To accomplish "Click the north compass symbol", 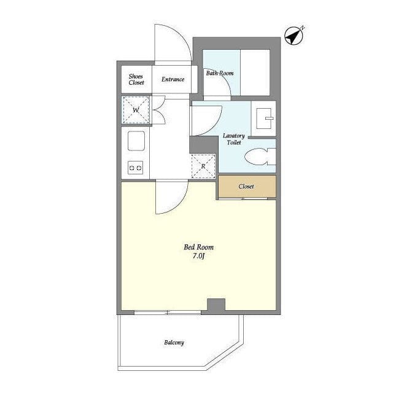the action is (x=294, y=36).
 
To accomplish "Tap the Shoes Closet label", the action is (x=136, y=79).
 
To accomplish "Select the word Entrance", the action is (x=173, y=79).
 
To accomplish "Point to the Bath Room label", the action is (x=220, y=73).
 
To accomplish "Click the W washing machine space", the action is (x=136, y=110).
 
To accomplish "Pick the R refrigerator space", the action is (x=203, y=166).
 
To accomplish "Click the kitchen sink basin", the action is (x=136, y=141).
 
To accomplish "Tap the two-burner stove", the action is (x=135, y=168).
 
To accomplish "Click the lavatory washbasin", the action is (x=263, y=119).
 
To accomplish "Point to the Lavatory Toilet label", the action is (x=234, y=139).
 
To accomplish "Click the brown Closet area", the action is (x=247, y=186).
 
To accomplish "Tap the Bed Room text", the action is (x=199, y=247).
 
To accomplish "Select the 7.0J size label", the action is (x=199, y=256).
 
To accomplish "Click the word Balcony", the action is (x=174, y=343).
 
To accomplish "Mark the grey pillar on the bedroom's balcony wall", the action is (x=216, y=306).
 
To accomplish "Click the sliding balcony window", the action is (x=168, y=313).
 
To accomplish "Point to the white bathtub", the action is (x=255, y=72).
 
